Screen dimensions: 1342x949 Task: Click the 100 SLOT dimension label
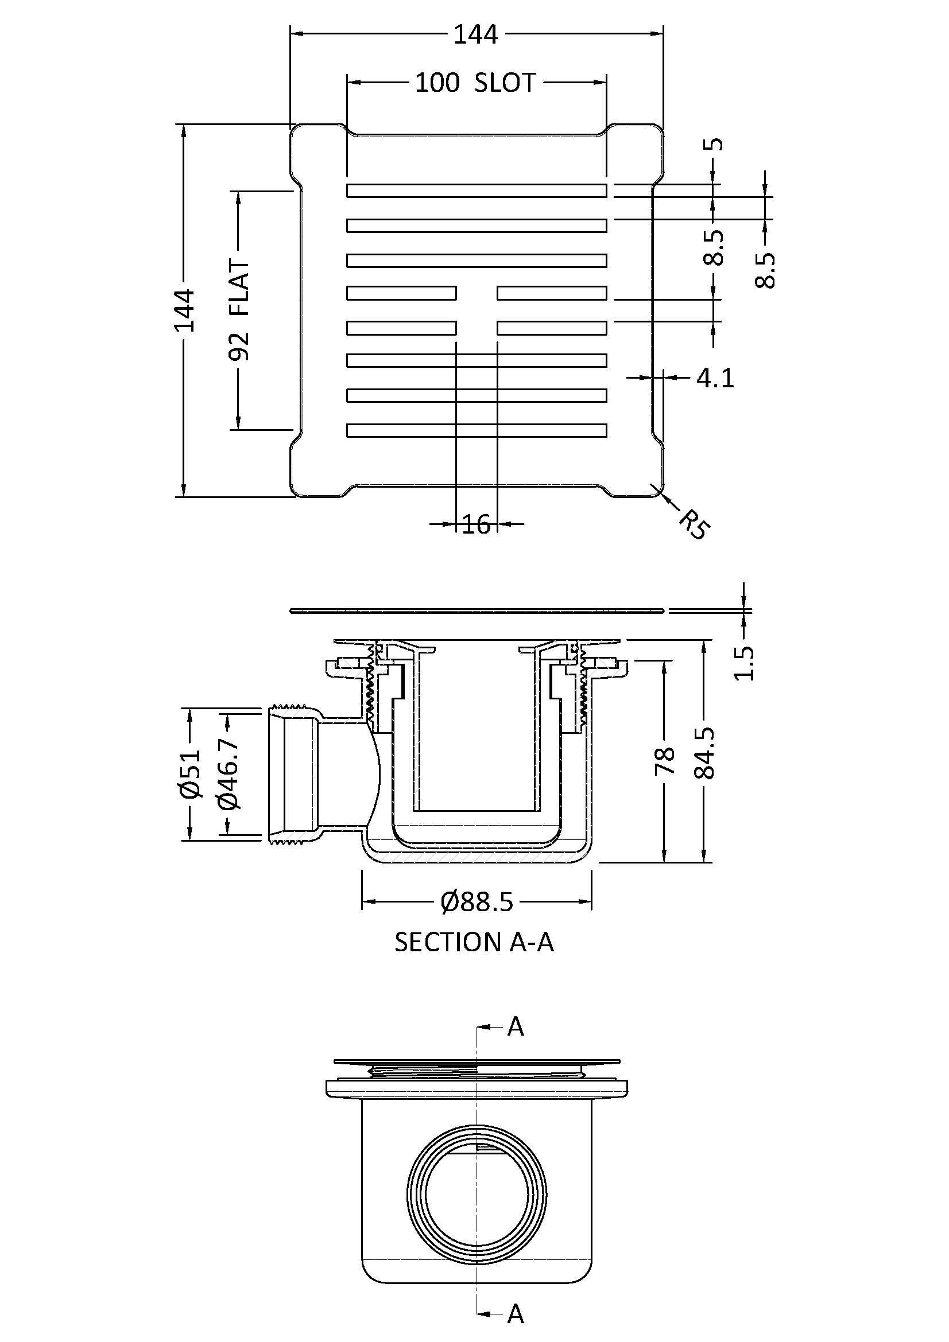475,83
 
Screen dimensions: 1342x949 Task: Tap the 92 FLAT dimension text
240,310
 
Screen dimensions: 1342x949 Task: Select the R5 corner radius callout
694,524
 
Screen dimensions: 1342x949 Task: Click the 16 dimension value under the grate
476,524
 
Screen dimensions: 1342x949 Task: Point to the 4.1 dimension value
715,379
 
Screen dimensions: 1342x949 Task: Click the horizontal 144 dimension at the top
476,35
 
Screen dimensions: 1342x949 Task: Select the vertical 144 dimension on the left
184,310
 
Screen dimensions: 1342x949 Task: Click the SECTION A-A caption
474,942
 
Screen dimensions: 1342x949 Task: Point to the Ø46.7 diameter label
228,774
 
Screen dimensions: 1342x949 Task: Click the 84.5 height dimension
704,753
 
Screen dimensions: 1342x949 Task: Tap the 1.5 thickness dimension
745,663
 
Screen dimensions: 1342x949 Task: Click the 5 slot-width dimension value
717,144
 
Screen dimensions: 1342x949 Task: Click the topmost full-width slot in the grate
476,190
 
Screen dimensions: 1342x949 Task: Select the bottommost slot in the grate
476,430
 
